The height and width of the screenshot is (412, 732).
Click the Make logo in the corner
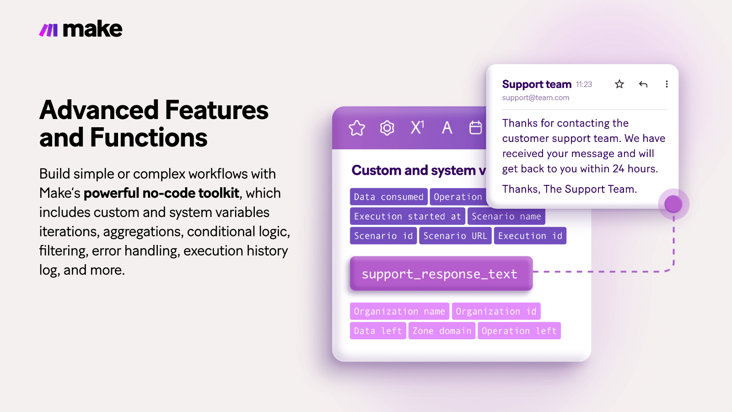pyautogui.click(x=81, y=30)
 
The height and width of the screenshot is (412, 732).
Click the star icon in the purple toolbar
pyautogui.click(x=357, y=128)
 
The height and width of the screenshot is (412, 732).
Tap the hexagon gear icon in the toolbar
pyautogui.click(x=387, y=128)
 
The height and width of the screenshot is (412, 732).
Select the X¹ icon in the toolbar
pyautogui.click(x=417, y=127)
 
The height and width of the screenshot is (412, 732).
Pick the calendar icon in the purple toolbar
pyautogui.click(x=476, y=128)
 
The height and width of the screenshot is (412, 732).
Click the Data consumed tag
pyautogui.click(x=388, y=197)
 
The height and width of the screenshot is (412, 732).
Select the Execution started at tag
pyautogui.click(x=407, y=217)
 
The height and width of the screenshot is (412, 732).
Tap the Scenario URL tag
pyautogui.click(x=455, y=236)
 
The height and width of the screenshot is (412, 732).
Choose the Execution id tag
pyautogui.click(x=530, y=236)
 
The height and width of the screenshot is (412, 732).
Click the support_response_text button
pyautogui.click(x=441, y=274)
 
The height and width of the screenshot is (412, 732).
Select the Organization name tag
pyautogui.click(x=399, y=311)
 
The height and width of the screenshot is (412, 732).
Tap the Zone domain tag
pyautogui.click(x=441, y=331)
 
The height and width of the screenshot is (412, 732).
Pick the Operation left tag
pyautogui.click(x=519, y=331)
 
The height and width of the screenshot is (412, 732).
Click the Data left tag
pyautogui.click(x=378, y=331)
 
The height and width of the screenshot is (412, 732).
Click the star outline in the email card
pyautogui.click(x=619, y=84)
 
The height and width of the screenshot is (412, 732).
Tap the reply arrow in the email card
pyautogui.click(x=643, y=84)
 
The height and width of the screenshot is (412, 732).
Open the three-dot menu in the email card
pyautogui.click(x=667, y=84)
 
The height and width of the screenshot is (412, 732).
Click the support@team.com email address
pyautogui.click(x=536, y=98)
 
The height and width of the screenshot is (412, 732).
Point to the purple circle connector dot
pyautogui.click(x=673, y=204)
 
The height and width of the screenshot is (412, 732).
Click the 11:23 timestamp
pyautogui.click(x=584, y=85)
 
